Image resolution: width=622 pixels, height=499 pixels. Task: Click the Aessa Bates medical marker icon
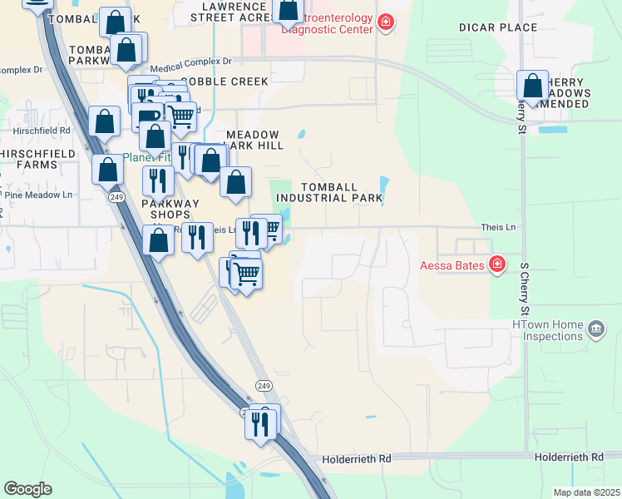[497, 264]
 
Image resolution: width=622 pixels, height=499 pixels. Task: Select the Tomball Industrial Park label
[328, 192]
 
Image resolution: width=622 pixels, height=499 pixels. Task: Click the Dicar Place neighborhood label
[498, 27]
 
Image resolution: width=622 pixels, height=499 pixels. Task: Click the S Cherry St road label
[525, 289]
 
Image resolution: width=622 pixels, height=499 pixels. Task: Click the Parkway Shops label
[170, 209]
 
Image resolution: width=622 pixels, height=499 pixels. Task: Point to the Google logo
[27, 489]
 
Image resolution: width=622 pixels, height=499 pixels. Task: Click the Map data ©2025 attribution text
[586, 492]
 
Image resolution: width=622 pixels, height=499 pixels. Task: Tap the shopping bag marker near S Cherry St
[532, 86]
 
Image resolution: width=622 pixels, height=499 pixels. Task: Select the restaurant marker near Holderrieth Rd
[261, 423]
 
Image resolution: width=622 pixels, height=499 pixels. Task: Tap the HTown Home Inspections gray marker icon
[595, 329]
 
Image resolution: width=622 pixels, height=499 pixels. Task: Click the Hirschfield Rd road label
[41, 131]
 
